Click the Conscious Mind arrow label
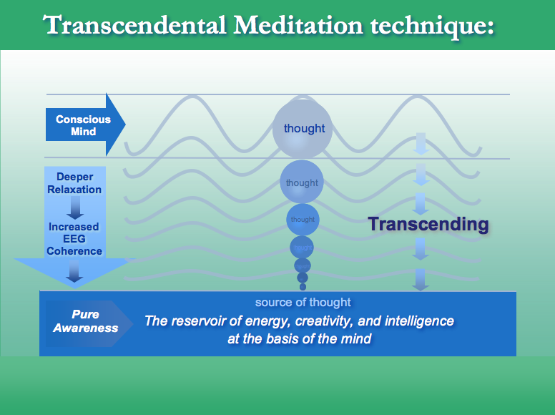point(83,125)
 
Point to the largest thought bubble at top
point(303,129)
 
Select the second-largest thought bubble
point(302,182)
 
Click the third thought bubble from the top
point(303,219)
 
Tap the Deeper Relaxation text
point(74,183)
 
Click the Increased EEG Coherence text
point(74,238)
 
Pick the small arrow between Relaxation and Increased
point(74,209)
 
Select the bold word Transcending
point(428,224)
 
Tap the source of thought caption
point(303,302)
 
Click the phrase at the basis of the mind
point(300,338)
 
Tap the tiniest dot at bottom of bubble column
point(303,287)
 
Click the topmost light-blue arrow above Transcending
point(421,143)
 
